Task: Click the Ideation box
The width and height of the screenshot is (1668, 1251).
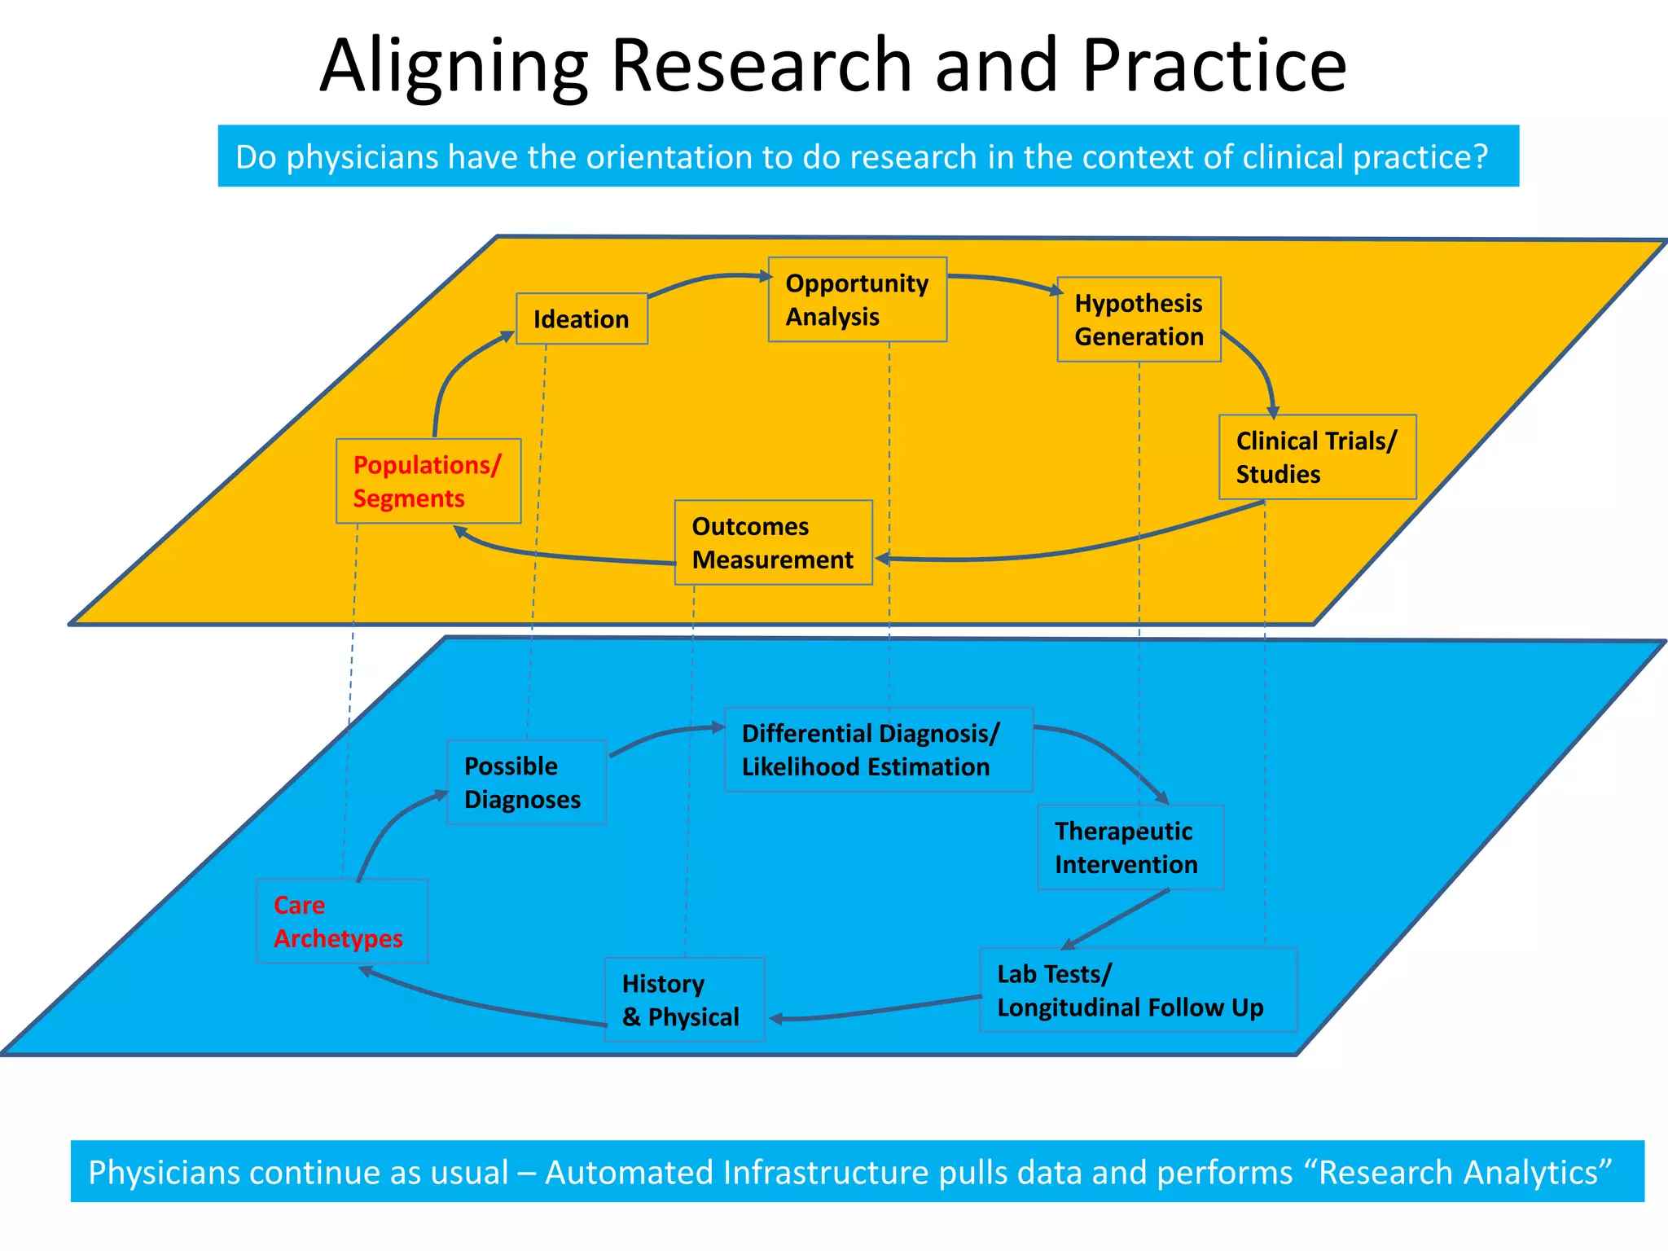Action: (582, 318)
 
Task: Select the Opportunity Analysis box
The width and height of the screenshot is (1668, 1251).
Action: (857, 300)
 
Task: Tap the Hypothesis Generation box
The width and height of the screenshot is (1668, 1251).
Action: (1139, 319)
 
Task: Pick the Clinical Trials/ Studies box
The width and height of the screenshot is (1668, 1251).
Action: (1317, 457)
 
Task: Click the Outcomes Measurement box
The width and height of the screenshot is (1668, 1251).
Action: (773, 542)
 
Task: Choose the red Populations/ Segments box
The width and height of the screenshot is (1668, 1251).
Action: (428, 481)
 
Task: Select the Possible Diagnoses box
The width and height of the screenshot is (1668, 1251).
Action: (526, 782)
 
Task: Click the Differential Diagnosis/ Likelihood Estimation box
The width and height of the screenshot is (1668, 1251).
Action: (878, 749)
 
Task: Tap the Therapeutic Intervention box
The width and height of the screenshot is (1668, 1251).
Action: (1130, 847)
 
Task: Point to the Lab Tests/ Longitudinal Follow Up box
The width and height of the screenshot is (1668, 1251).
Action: (1137, 990)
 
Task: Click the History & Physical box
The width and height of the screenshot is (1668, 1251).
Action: (684, 999)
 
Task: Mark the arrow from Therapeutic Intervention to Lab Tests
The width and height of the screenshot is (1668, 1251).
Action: (1116, 919)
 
